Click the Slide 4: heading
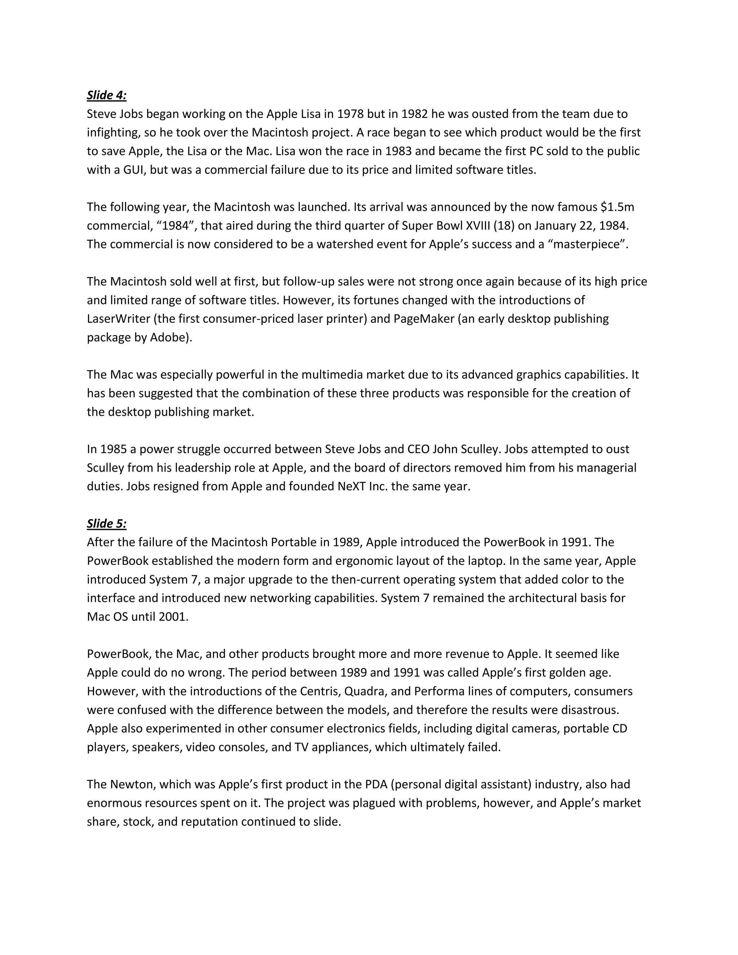click(x=107, y=95)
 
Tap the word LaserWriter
click(x=119, y=319)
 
